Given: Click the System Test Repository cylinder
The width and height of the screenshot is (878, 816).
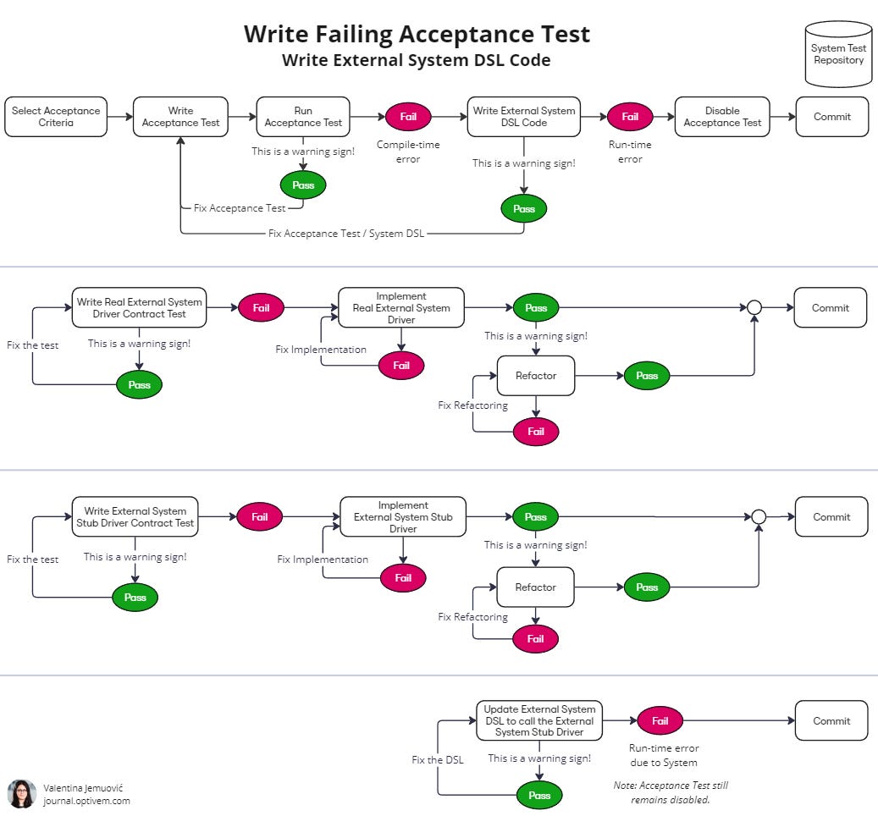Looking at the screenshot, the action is point(838,53).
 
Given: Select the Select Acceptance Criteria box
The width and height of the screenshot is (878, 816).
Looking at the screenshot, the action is point(56,117).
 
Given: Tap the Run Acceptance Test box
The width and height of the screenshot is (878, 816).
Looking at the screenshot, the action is point(303,117).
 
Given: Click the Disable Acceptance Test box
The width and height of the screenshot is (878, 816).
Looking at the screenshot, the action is point(722,117).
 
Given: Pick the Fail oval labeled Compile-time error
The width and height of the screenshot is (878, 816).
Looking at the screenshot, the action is point(408,117).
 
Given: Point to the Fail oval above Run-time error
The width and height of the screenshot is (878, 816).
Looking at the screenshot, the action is point(630,117).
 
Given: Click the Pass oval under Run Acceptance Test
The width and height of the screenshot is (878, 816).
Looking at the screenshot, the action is point(303,185).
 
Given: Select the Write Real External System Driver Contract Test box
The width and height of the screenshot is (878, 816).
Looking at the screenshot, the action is point(140,307).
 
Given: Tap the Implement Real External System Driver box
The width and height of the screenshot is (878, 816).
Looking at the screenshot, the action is point(401,307).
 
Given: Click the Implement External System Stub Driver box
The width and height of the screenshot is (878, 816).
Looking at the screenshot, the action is point(403,516).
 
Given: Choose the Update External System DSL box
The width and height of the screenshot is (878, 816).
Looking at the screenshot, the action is point(539,720).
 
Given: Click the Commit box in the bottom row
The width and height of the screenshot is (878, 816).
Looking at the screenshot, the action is point(831,720).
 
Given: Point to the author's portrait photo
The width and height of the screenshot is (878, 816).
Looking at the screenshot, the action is point(22,794).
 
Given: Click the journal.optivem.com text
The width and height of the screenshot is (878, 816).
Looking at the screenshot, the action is point(87,801).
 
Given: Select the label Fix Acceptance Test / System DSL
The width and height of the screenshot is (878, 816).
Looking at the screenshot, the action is point(346,234).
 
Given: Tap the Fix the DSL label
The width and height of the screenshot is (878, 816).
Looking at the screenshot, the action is point(438,759).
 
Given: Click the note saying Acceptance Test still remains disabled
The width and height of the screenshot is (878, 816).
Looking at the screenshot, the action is point(671,792).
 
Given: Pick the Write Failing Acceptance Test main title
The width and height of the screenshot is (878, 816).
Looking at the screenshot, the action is point(417,34).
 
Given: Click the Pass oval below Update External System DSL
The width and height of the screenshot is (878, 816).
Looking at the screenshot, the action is point(539,795).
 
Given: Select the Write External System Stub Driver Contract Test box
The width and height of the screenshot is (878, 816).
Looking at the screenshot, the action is point(135,516).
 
